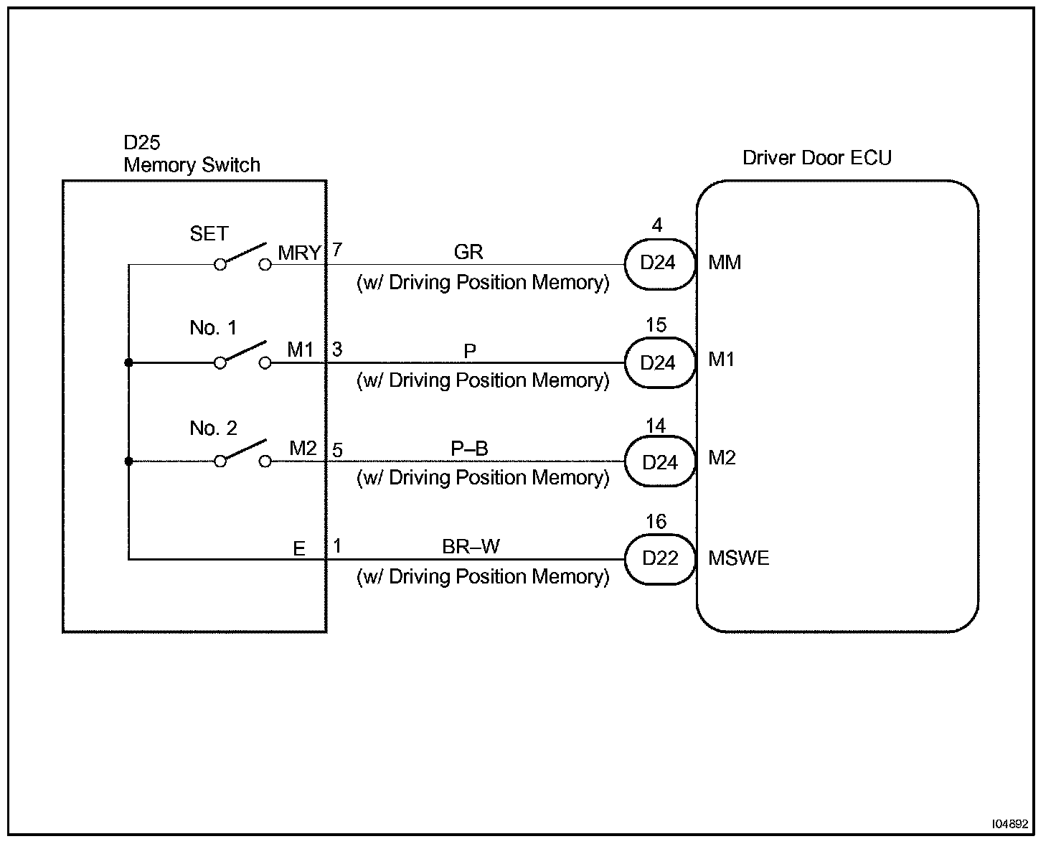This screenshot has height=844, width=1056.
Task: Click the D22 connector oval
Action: (x=660, y=558)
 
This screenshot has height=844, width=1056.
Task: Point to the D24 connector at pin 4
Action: (x=659, y=263)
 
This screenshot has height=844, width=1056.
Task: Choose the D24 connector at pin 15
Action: (x=659, y=363)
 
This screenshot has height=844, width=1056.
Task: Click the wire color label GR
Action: (x=468, y=252)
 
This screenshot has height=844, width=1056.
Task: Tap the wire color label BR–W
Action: (x=471, y=547)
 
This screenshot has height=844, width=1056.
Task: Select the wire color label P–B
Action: (x=469, y=449)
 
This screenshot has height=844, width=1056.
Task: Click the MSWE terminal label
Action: (x=738, y=558)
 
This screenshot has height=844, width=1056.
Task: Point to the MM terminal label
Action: (x=725, y=263)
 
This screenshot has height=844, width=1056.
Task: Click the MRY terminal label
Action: (x=299, y=253)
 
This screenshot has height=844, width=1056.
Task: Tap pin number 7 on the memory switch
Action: (x=337, y=250)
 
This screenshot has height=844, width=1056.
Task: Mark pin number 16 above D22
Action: (x=656, y=522)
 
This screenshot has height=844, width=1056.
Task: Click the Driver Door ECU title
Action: (x=816, y=158)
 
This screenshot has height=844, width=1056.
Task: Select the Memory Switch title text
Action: (x=192, y=165)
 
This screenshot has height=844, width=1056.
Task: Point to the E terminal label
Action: (x=299, y=549)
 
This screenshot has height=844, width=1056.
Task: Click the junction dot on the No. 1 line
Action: (x=128, y=363)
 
